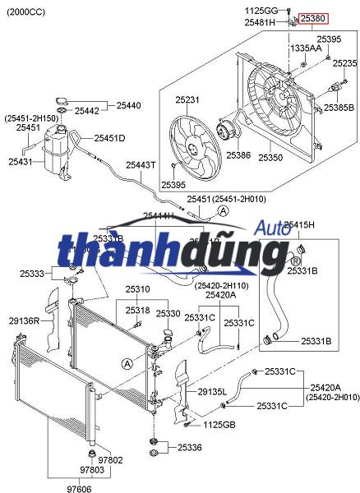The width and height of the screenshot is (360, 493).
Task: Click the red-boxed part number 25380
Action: click(312, 17)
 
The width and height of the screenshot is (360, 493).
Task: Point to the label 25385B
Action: click(339, 107)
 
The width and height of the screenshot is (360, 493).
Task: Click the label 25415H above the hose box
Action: click(299, 224)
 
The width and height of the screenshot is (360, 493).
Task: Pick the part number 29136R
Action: click(25, 320)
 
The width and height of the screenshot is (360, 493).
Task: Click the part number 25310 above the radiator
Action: click(137, 289)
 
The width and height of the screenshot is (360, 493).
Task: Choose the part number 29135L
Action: click(212, 393)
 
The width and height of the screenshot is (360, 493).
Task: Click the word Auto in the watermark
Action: click(270, 228)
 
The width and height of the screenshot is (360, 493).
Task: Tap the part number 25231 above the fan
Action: click(187, 100)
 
